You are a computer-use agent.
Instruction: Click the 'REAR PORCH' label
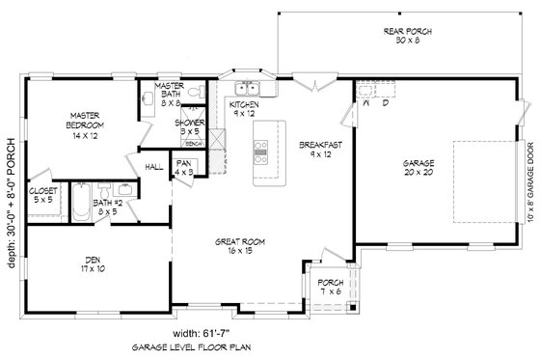tap(407, 31)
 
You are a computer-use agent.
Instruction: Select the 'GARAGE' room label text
tap(418, 163)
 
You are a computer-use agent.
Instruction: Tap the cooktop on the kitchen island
tap(260, 149)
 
